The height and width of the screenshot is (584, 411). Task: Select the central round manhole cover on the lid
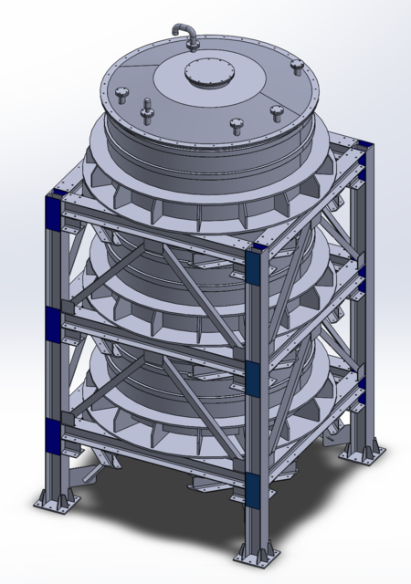point(204,74)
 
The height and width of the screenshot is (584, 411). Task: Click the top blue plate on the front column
point(256,267)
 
